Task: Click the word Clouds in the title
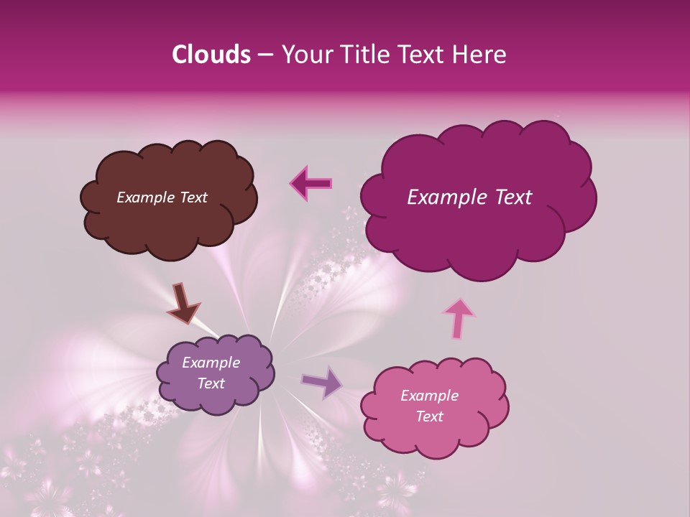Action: (211, 55)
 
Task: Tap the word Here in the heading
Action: (482, 55)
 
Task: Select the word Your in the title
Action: (305, 55)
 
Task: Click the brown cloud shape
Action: (168, 223)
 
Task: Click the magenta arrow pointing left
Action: (311, 183)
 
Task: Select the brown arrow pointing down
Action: (183, 302)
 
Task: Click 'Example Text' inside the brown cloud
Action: (162, 197)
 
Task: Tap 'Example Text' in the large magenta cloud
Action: (469, 197)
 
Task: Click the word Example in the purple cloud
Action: (211, 363)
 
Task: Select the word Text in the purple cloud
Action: (211, 383)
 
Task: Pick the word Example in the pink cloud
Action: (429, 396)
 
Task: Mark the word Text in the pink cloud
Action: (429, 416)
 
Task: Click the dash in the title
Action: (265, 55)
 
